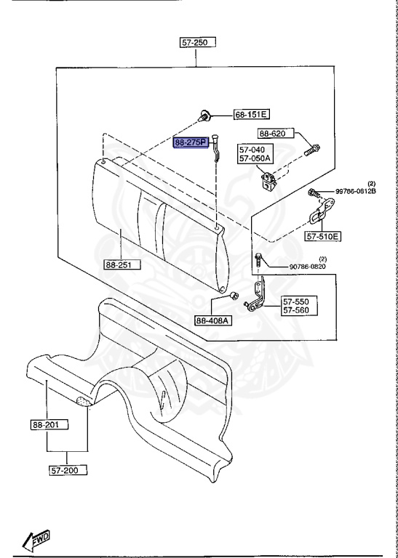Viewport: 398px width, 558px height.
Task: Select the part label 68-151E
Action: (251, 115)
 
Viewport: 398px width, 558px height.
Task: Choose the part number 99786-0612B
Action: (360, 192)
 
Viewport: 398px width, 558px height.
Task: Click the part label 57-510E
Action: (323, 236)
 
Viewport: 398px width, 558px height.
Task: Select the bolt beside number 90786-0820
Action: (258, 258)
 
